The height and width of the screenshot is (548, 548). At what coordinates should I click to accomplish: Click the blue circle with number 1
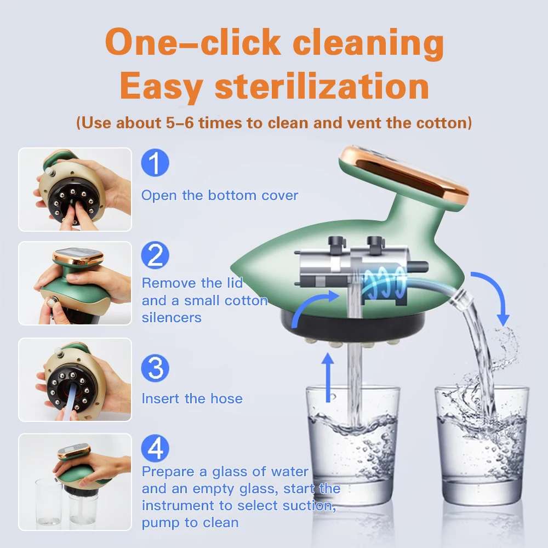[x=155, y=164]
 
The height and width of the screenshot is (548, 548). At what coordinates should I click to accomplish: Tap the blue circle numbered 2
[x=155, y=256]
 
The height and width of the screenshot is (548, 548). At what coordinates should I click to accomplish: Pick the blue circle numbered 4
[x=155, y=449]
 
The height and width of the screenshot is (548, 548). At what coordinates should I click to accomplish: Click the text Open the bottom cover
[x=220, y=196]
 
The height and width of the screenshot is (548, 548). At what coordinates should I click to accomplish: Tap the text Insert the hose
[x=192, y=398]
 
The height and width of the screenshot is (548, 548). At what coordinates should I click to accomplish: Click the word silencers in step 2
[x=172, y=318]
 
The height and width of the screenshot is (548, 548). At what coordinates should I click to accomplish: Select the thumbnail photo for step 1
[x=75, y=189]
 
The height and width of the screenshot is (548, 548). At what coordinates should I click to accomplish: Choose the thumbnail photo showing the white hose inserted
[x=75, y=379]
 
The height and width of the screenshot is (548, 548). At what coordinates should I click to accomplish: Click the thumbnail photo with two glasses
[x=75, y=482]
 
